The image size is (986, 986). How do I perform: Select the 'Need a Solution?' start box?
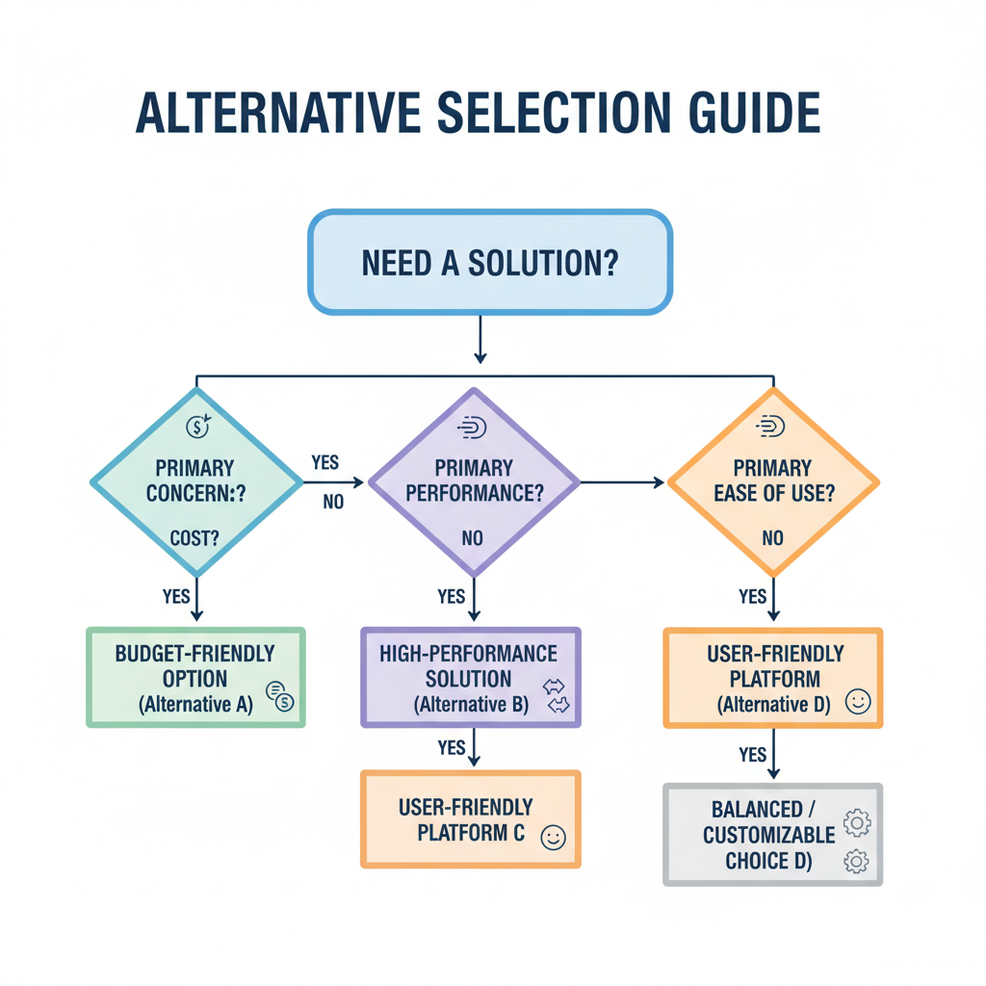[x=489, y=262]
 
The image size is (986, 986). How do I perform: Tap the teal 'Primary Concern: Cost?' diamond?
[x=196, y=481]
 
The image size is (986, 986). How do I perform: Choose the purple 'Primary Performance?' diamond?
[x=473, y=481]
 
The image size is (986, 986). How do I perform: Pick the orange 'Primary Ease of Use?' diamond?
[x=772, y=481]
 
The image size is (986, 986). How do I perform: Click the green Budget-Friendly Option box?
[x=195, y=678]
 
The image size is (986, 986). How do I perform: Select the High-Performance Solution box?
[x=471, y=678]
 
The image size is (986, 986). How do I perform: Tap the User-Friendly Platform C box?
[x=471, y=819]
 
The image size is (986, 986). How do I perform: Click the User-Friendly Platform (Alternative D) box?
[x=772, y=678]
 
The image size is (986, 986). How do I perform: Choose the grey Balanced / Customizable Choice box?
[x=772, y=835]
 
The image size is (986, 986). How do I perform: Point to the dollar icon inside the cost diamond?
[x=196, y=426]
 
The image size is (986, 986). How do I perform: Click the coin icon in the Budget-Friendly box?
[x=279, y=696]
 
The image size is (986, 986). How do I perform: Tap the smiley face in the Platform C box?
[x=553, y=837]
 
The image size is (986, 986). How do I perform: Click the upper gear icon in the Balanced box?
[x=856, y=822]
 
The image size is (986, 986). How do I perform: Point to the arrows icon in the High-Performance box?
[x=557, y=696]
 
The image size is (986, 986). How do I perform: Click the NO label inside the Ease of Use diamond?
[x=772, y=538]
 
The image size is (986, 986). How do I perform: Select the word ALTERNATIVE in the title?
[x=280, y=114]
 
